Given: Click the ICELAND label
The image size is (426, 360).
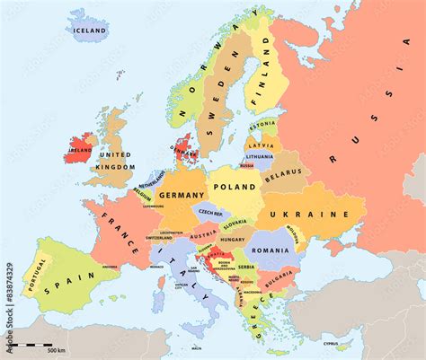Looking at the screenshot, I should (x=90, y=31).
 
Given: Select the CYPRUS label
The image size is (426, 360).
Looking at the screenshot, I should (x=331, y=343).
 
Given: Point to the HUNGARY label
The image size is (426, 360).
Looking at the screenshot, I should (x=233, y=240).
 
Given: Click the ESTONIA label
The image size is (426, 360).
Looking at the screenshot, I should (x=262, y=124).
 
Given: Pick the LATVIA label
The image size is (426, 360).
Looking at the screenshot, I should (x=262, y=145).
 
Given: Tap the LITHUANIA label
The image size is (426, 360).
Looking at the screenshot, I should (x=259, y=156).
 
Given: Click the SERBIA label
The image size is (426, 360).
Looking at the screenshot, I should (x=246, y=267).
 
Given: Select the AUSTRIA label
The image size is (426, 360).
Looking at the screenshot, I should (x=203, y=235).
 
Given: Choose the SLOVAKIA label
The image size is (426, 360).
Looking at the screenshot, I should (x=235, y=223).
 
